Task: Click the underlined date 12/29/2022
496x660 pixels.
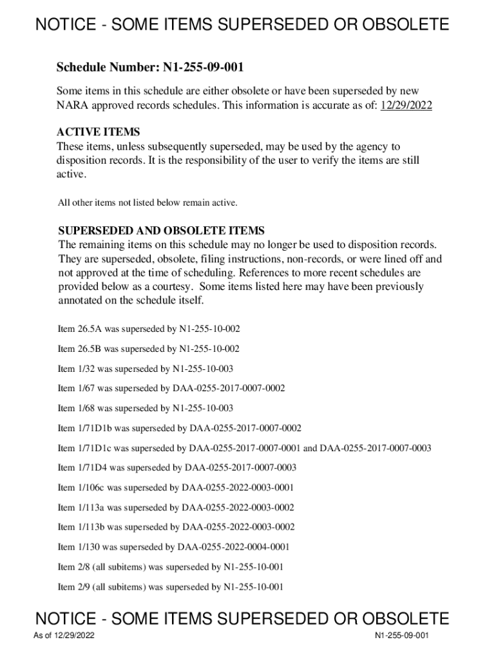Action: [x=406, y=106]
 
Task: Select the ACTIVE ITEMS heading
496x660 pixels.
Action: [x=98, y=132]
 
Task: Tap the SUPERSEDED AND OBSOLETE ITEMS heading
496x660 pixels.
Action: [x=161, y=230]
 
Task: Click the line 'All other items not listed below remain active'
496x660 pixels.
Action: [x=148, y=203]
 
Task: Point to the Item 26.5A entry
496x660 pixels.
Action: [x=149, y=329]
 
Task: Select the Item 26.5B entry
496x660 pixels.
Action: [x=149, y=349]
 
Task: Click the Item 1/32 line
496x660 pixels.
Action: [x=146, y=369]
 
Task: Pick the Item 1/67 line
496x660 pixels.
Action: [x=171, y=389]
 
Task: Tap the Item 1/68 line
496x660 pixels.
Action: [x=146, y=409]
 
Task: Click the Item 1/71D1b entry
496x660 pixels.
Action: [x=180, y=429]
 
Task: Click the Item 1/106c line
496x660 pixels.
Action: [x=176, y=488]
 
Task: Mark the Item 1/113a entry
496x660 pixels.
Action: [x=176, y=508]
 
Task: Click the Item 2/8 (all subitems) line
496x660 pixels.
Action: [x=171, y=567]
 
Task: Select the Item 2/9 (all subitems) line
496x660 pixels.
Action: [x=171, y=587]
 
